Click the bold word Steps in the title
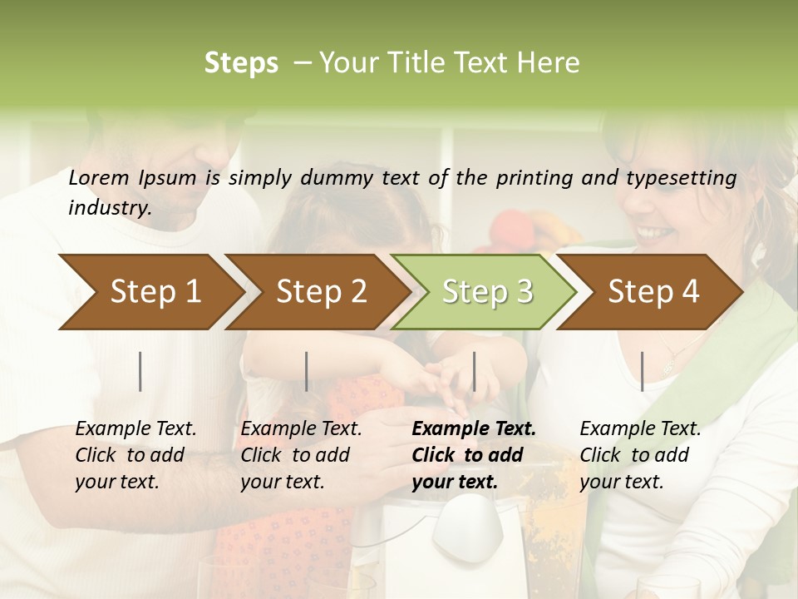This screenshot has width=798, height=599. (x=241, y=63)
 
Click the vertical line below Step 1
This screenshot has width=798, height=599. (x=140, y=371)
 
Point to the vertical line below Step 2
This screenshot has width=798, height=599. (x=307, y=371)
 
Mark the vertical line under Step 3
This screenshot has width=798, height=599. (x=474, y=371)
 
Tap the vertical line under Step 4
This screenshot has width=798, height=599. (x=642, y=371)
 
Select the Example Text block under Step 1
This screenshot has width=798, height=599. (x=135, y=455)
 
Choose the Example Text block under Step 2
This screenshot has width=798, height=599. (x=301, y=455)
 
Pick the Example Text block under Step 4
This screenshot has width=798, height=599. (x=640, y=455)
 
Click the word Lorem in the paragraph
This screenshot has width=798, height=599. (x=99, y=177)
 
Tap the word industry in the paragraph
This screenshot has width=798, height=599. (x=110, y=208)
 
